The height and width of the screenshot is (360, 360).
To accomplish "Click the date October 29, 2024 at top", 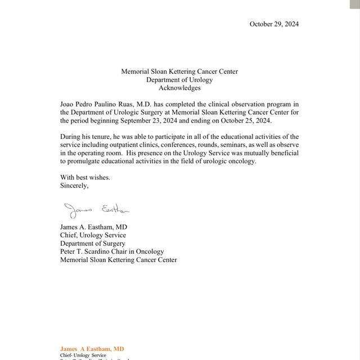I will coord(274,24).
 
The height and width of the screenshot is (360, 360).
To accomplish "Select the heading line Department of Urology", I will coord(179,80).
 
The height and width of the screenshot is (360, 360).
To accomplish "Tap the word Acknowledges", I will coord(179,88).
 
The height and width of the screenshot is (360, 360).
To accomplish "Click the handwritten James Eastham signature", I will coord(96,210).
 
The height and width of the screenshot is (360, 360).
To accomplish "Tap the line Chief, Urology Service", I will coord(93,235).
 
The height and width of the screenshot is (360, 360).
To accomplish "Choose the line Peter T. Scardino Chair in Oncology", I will coord(112,252).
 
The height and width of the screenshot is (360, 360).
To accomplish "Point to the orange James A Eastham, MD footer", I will coord(92,349).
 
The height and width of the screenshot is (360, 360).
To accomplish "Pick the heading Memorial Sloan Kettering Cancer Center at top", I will coord(179,71).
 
